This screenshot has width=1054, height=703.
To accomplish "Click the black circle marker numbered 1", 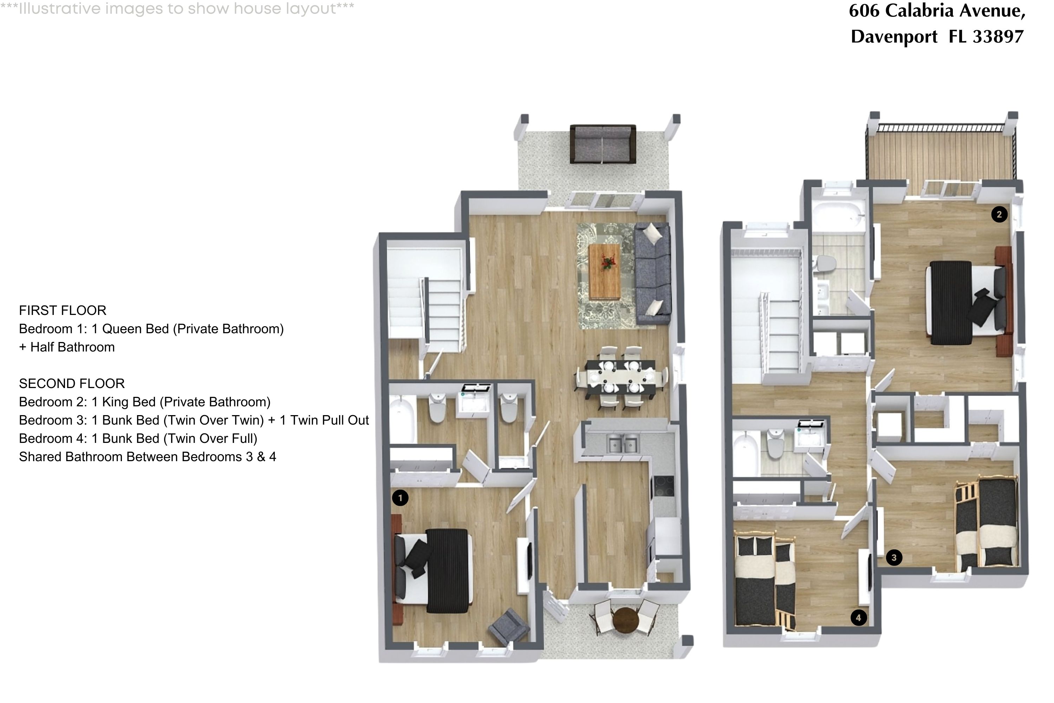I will click(400, 498).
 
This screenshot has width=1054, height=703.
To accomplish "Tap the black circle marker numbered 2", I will click(999, 214).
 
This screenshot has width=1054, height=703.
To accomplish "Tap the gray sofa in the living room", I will click(653, 273).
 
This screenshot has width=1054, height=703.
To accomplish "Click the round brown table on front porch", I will click(626, 620).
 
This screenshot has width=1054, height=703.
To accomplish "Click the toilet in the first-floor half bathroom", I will click(509, 408).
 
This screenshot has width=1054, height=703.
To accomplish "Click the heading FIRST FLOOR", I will click(63, 310).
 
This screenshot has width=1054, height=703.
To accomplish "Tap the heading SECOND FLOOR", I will click(72, 383).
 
